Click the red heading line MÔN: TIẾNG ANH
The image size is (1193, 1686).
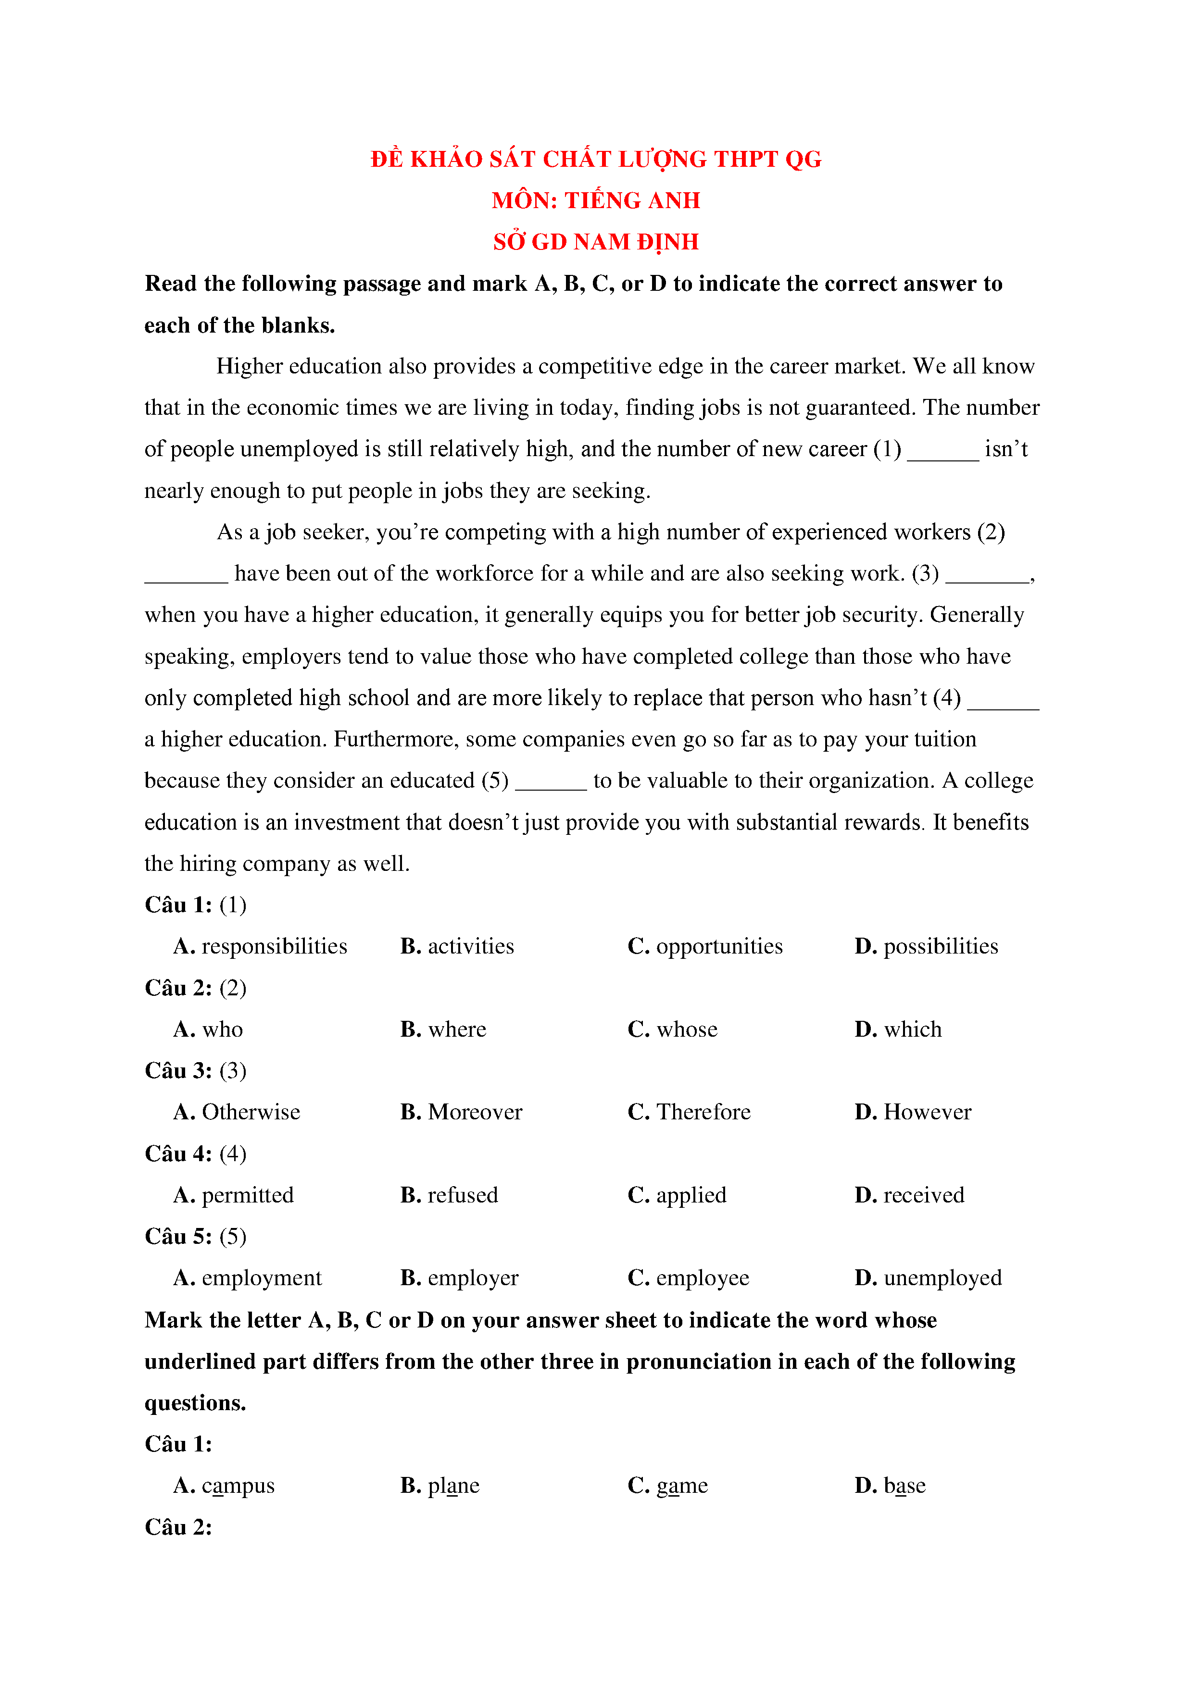(596, 200)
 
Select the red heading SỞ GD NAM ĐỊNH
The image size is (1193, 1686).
(596, 242)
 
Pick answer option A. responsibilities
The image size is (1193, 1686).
(260, 946)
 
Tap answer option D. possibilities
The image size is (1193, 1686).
(926, 946)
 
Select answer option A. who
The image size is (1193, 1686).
(208, 1029)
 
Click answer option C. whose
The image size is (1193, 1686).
(672, 1029)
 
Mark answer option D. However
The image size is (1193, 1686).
(912, 1113)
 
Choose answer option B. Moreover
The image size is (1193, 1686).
(461, 1113)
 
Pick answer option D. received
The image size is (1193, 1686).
(909, 1195)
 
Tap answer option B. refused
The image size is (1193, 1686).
(449, 1195)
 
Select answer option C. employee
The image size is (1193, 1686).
(688, 1278)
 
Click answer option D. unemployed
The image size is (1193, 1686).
(928, 1278)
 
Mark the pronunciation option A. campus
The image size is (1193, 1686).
(224, 1486)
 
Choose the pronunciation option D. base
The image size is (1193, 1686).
(890, 1486)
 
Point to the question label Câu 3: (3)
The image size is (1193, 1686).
(195, 1071)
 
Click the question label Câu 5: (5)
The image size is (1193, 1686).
(195, 1237)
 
